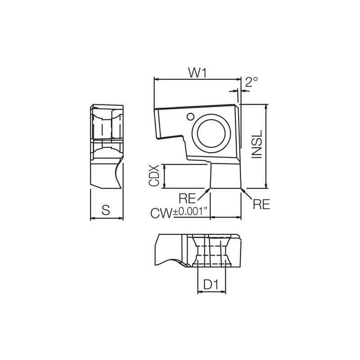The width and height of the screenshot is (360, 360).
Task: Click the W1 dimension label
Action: [197, 72]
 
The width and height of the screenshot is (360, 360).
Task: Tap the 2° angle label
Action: [252, 82]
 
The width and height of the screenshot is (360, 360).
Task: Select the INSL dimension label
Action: [256, 145]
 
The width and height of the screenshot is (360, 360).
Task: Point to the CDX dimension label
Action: [154, 176]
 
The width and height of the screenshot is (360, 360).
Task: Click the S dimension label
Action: [106, 210]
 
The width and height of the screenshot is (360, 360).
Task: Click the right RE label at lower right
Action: [261, 204]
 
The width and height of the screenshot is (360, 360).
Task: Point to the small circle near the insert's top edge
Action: [190, 117]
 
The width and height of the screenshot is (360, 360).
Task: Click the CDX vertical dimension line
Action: [165, 176]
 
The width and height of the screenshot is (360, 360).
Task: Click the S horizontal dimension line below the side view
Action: [106, 218]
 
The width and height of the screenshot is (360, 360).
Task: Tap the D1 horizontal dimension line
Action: [212, 292]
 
